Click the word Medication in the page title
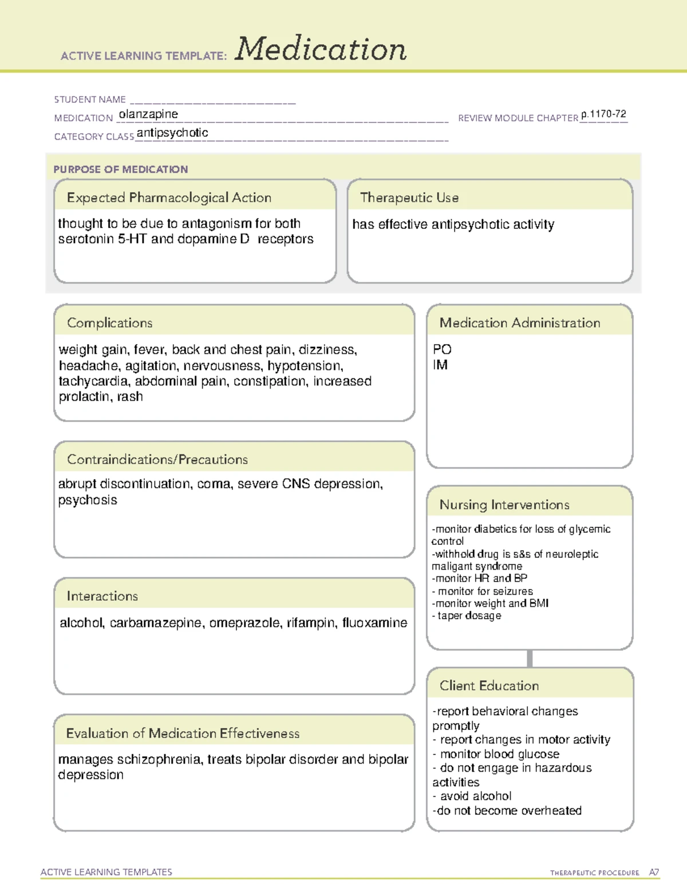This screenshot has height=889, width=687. pos(321,49)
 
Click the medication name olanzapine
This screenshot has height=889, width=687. pos(148,114)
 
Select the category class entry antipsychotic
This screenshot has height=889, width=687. pos(172,133)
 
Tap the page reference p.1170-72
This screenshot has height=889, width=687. pos(603,114)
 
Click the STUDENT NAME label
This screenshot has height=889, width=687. pos(90,100)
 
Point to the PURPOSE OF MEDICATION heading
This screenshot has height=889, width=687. pos(121,169)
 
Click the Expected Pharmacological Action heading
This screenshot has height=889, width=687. pos(169,197)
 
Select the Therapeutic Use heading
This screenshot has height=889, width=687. pos(409,197)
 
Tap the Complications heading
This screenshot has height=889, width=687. pos(110,323)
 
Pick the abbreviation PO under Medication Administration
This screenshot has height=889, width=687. pos(442,349)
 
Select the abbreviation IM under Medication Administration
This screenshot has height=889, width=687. pos(440,365)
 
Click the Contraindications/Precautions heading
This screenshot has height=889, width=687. pos(157,460)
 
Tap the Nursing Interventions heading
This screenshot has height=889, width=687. pos(504,505)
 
